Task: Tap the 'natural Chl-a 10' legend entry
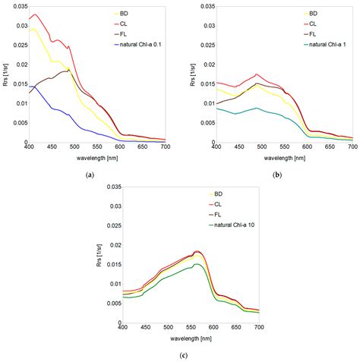click(x=233, y=225)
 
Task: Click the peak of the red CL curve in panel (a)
click(x=35, y=14)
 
